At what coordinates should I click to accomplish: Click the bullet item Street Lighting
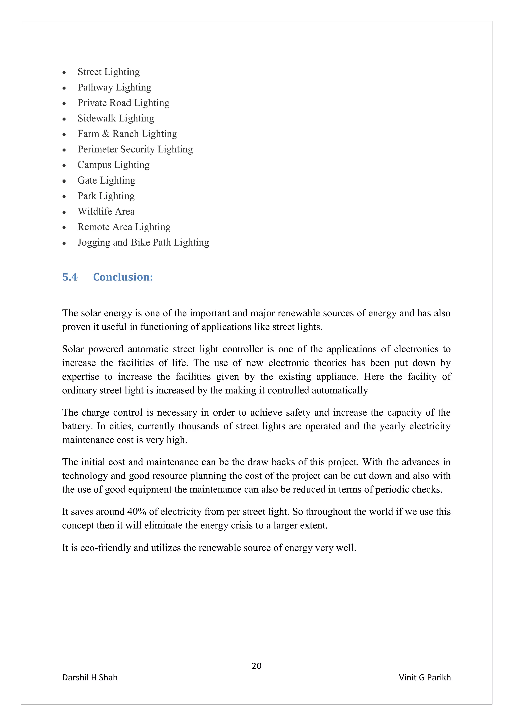click(108, 72)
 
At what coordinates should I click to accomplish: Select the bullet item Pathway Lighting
click(114, 87)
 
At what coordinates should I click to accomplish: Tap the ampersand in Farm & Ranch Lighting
click(106, 134)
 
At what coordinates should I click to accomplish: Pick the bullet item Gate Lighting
click(106, 180)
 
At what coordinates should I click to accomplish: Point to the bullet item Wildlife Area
click(106, 211)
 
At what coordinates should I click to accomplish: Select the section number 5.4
click(70, 277)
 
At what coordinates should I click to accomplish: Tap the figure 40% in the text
click(137, 512)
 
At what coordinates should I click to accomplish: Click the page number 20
click(256, 666)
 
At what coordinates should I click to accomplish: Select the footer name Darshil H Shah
click(90, 678)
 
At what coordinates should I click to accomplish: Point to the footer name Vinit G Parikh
click(425, 678)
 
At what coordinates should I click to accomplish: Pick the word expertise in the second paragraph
click(81, 377)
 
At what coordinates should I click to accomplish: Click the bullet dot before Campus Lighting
click(64, 165)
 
